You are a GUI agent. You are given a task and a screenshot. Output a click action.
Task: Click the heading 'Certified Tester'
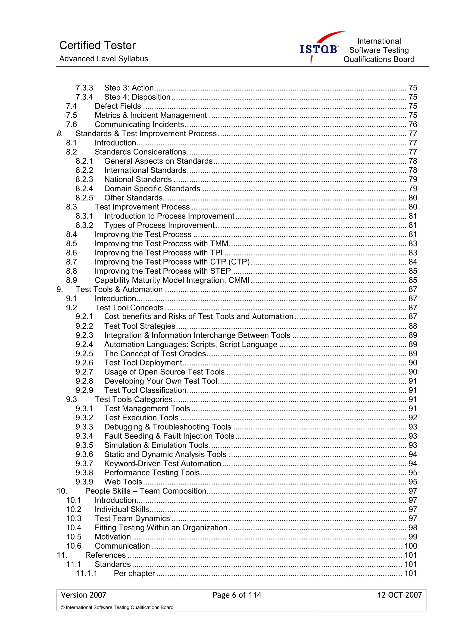pos(97,45)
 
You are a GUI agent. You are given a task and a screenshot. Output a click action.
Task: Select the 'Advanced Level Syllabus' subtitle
pos(103,59)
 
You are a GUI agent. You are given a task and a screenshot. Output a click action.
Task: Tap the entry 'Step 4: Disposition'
pos(137,97)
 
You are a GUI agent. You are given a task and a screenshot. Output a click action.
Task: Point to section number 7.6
pos(71,124)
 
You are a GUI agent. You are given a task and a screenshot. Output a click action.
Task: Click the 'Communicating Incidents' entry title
pos(139,124)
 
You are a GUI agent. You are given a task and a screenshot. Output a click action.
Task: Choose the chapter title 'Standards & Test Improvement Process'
pos(146,134)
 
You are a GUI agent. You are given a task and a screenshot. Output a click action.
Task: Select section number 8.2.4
pos(84,189)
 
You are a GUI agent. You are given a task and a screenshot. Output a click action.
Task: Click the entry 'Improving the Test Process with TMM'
pos(161,244)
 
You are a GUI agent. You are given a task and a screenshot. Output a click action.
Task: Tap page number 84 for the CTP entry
pos(412,262)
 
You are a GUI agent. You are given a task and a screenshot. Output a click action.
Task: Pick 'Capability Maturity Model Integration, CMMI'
pos(172,280)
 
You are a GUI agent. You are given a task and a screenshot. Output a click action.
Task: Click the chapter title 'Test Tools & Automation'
pos(119,289)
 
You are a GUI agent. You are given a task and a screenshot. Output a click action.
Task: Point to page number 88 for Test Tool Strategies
pos(412,326)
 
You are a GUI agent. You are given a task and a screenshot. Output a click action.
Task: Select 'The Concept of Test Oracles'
pos(155,353)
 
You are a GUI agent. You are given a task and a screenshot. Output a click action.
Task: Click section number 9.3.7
pos(84,464)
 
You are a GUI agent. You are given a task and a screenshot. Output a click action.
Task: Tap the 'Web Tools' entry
pos(123,482)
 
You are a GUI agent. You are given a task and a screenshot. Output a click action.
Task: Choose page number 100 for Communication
pos(410,546)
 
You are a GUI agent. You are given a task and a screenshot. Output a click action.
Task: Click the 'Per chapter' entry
pos(134,573)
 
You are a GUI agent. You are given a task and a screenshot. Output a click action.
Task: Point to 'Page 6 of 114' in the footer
pos(237,595)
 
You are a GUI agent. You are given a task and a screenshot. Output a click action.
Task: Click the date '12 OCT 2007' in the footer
pos(399,595)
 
